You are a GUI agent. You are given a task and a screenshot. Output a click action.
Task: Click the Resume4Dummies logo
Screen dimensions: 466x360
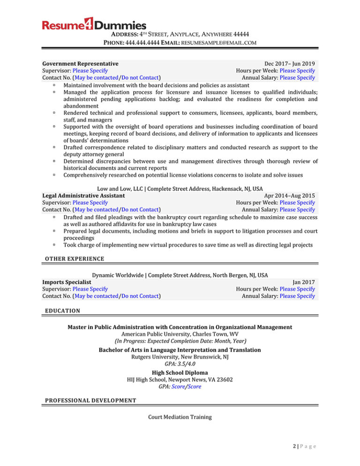pos(94,25)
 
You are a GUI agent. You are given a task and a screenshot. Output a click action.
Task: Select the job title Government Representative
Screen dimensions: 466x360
pos(80,63)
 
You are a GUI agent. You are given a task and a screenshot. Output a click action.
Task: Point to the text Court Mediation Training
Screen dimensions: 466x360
pos(180,416)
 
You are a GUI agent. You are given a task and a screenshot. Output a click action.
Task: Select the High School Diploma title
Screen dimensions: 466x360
pos(180,373)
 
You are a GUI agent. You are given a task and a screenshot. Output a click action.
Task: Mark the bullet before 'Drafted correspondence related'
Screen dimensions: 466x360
pos(55,148)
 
